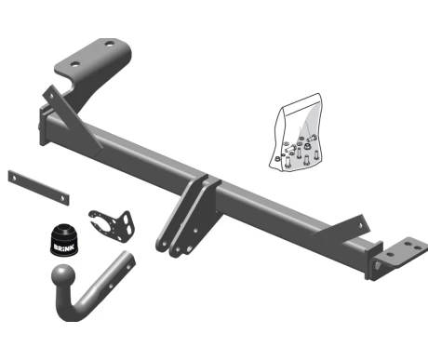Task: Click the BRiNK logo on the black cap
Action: click(64, 247)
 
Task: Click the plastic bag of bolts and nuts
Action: click(296, 132)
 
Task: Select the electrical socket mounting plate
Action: click(112, 226)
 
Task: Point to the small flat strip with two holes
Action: click(38, 187)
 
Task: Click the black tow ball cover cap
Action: click(64, 240)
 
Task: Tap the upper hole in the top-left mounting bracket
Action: click(110, 44)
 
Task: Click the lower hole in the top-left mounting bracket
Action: click(75, 64)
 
